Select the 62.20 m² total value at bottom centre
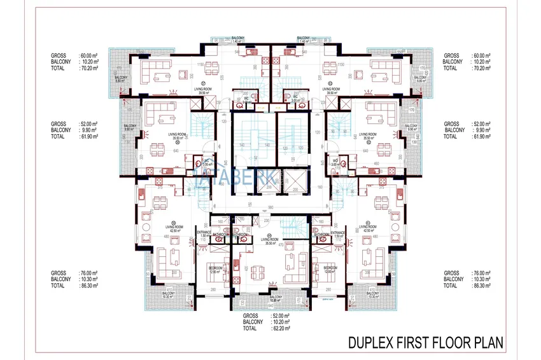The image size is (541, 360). coord(279,329)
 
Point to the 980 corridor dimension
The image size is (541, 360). coord(270,207)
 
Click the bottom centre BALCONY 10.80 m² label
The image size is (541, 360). coord(275,300)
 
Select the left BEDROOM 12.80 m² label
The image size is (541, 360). coord(215,270)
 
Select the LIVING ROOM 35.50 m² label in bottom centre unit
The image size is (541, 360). coord(270,241)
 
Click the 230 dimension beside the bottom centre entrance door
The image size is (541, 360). coord(266,220)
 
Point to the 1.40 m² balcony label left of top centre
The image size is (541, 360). coord(239,39)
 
